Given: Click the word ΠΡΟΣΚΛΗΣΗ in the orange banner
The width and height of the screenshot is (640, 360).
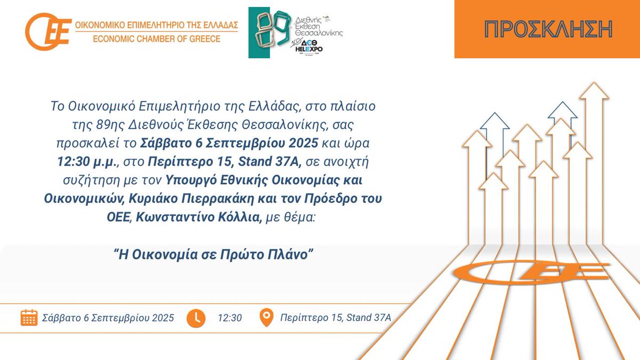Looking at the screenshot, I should [x=548, y=29].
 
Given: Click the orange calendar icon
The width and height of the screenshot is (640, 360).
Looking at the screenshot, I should [x=29, y=317].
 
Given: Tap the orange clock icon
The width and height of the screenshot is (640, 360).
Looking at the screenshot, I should [x=196, y=317].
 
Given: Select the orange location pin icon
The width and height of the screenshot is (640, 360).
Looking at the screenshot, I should [x=266, y=317].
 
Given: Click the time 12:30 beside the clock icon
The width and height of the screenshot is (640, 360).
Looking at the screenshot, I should [x=230, y=318].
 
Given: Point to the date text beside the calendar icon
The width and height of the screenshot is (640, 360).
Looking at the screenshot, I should [x=108, y=318].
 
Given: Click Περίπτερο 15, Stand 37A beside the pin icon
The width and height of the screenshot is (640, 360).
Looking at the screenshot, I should [x=336, y=318].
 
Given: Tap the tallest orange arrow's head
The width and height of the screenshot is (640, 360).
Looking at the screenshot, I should [x=594, y=91].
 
